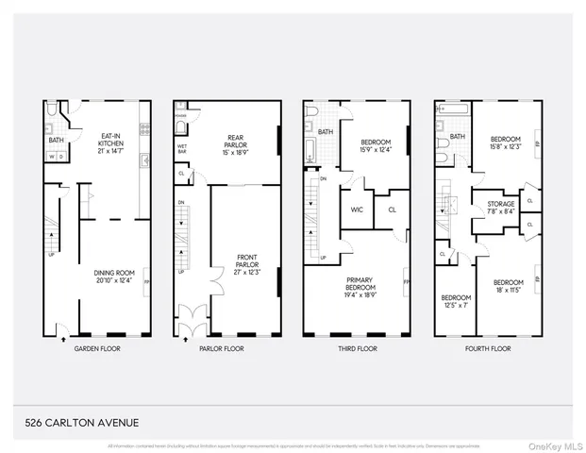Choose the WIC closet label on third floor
pos(356,209)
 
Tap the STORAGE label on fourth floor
pos(500,207)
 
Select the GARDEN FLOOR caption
pos(96,348)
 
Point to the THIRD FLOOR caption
pos(356,348)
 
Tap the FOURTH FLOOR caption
pos(487,348)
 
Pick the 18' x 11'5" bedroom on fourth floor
pos(507,286)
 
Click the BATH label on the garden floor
pos(56,141)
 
